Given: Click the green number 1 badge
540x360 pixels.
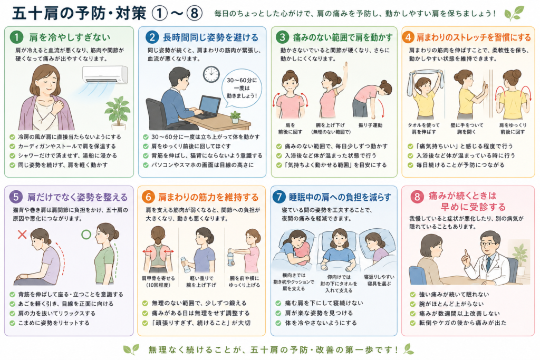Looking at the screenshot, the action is point(16,37).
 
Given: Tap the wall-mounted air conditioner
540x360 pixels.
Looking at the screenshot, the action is point(105,75).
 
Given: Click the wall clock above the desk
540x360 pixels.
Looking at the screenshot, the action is point(211,74).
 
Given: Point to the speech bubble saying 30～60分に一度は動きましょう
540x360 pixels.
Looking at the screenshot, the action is point(242,88).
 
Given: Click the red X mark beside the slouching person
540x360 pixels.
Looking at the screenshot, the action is point(22,235).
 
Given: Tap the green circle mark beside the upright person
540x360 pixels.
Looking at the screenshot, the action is point(86,235).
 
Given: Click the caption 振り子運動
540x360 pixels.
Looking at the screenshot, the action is point(370,125).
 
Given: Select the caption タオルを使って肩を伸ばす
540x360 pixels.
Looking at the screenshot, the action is point(423,129).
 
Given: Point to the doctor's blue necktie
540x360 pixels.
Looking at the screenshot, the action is point(488,264).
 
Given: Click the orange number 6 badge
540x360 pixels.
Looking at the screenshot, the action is point(148,197).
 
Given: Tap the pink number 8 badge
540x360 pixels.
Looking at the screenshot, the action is point(417,197).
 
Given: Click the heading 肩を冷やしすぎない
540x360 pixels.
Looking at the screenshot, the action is point(70,37).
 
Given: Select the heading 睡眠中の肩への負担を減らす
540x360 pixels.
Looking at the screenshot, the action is point(340,197).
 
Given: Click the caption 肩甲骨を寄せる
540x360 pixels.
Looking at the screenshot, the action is point(158,278).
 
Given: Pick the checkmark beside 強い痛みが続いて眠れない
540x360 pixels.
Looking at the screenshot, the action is point(412,295).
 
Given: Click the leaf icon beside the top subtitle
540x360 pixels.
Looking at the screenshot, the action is point(514,13).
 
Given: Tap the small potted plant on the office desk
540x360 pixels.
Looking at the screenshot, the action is point(236,117).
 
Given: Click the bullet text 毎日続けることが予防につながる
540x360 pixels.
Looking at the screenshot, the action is point(460,165).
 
